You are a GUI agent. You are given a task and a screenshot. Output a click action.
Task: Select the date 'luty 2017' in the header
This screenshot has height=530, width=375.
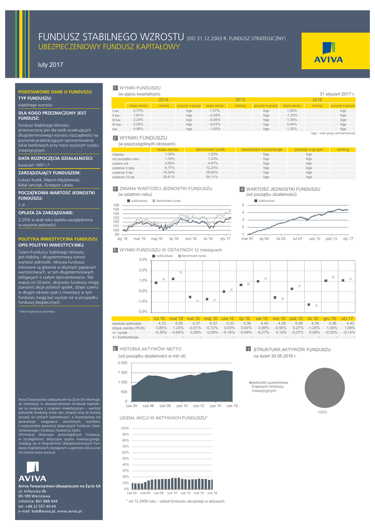(x=50, y=65)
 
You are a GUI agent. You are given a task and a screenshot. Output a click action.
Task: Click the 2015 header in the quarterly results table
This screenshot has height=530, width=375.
(x=240, y=99)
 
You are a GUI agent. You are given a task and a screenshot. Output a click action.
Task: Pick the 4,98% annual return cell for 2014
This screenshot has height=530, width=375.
(x=138, y=129)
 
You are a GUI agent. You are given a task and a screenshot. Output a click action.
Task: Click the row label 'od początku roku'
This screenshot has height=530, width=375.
(x=125, y=159)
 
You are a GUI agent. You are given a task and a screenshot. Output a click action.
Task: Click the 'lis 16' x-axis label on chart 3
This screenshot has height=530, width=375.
(x=208, y=239)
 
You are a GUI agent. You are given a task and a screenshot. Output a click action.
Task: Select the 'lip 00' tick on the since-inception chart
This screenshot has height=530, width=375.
(x=264, y=239)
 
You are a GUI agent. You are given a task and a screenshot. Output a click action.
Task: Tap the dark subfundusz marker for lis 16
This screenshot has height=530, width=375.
(x=309, y=304)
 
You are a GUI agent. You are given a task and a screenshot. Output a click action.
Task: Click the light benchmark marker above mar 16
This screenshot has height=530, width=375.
(x=181, y=272)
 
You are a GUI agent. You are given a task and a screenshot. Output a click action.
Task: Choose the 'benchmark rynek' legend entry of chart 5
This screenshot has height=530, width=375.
(x=193, y=256)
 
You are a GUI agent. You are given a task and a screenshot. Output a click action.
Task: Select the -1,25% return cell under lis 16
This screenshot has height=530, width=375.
(x=312, y=328)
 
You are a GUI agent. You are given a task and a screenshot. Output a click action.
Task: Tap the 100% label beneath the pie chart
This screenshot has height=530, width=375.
(x=322, y=412)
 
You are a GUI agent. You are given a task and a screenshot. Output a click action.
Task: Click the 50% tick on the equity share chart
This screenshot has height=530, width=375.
(x=125, y=459)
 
